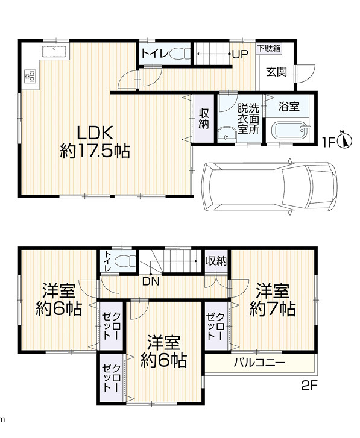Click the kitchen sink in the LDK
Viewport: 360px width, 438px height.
click(55, 52)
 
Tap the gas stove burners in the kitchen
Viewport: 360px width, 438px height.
click(30, 77)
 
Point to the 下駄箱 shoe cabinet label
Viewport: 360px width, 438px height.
click(269, 48)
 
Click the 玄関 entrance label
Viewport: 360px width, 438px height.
click(276, 72)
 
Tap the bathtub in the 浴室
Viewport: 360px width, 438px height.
click(291, 130)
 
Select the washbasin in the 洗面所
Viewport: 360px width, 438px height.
click(227, 134)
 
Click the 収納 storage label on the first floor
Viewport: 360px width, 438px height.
click(204, 119)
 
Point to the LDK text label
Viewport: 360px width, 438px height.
click(95, 133)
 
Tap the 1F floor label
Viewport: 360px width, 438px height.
click(329, 143)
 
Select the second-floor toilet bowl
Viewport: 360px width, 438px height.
click(125, 262)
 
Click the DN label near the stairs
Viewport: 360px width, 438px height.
click(151, 281)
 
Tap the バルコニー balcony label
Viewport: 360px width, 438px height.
click(259, 363)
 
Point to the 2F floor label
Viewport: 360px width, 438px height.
click(309, 386)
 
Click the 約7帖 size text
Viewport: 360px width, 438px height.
click(273, 308)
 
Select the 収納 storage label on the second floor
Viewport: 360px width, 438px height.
click(216, 261)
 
